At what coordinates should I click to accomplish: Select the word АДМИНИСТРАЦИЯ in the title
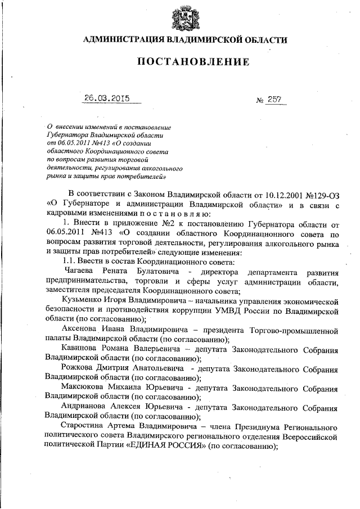121,39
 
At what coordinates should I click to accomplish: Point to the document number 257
276,99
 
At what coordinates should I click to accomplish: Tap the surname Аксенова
82,330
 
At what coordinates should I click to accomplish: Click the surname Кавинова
83,349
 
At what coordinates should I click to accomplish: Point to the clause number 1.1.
70,262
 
